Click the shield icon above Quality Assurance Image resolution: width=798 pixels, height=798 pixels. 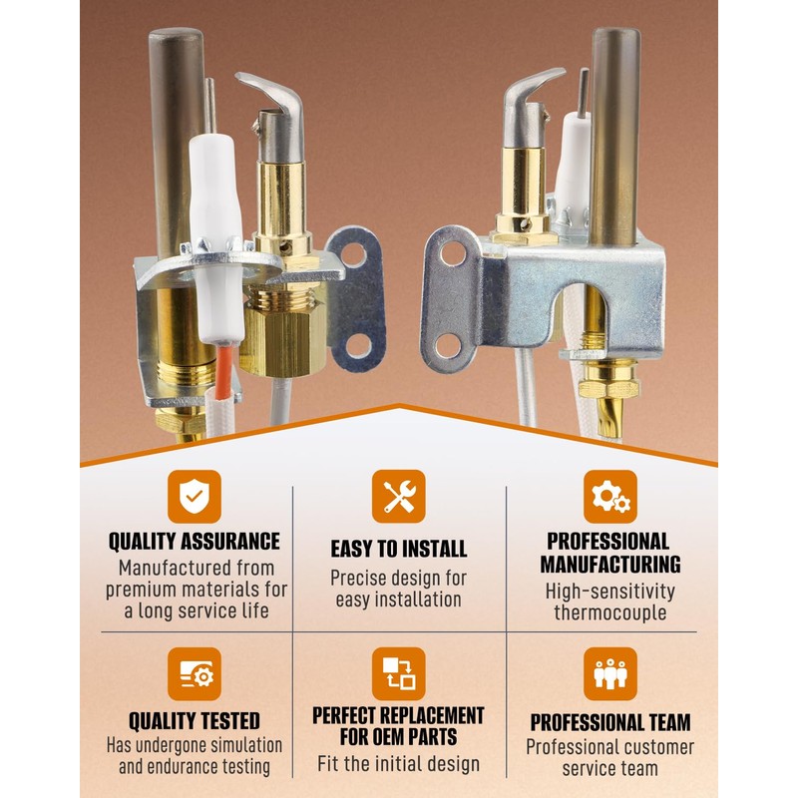point(195,496)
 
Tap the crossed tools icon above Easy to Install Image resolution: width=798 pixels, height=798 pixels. point(398,496)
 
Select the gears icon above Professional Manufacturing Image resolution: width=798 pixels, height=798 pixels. point(610,496)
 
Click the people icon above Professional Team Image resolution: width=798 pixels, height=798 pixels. point(610,674)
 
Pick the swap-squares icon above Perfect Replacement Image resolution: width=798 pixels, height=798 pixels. point(398,674)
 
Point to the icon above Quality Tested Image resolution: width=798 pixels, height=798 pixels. point(195,674)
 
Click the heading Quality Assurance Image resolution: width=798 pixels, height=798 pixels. point(195,542)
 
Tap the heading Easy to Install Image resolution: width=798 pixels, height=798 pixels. point(398,549)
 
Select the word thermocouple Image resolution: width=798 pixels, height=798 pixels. point(610,612)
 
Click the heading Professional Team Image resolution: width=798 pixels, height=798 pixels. point(610,722)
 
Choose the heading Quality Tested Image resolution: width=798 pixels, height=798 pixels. point(195,721)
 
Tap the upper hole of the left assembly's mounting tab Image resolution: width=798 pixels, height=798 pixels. point(353,255)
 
